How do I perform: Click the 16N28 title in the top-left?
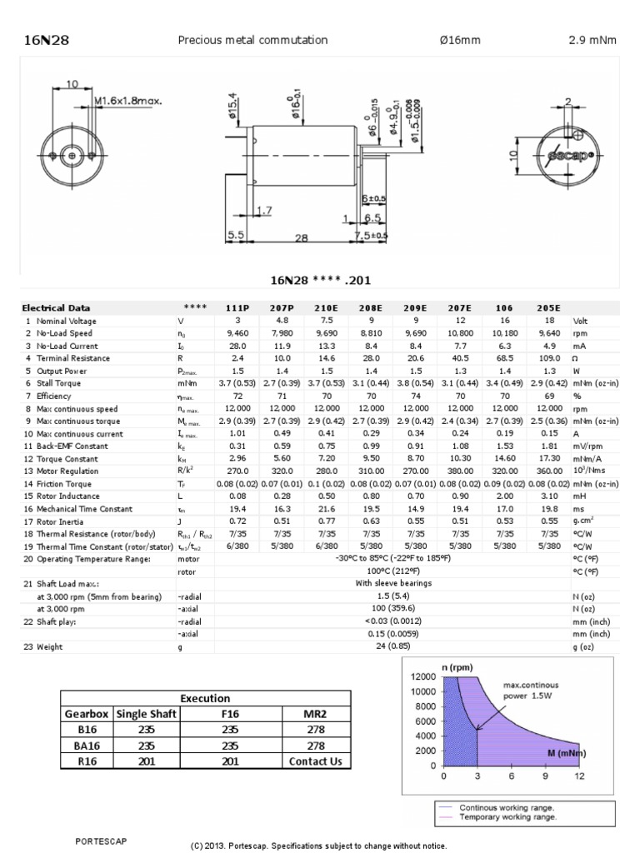tap(40, 40)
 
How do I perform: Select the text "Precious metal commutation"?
tap(252, 40)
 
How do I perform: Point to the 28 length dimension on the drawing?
tap(301, 237)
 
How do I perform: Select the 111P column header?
tap(237, 307)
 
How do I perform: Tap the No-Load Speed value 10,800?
tap(461, 333)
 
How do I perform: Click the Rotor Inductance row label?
tap(66, 496)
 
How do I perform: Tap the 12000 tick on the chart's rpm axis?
tap(424, 677)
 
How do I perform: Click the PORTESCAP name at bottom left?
tap(101, 841)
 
